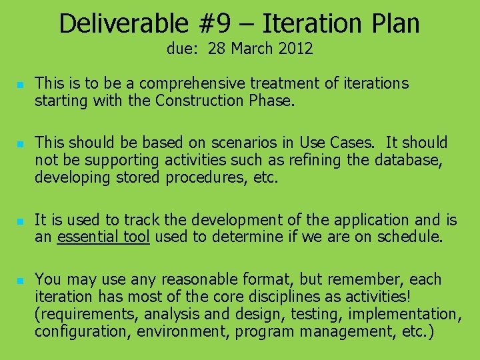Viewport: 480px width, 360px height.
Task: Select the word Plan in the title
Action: click(394, 24)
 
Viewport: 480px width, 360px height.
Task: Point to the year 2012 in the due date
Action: click(296, 49)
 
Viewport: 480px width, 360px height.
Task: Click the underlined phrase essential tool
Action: click(103, 237)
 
